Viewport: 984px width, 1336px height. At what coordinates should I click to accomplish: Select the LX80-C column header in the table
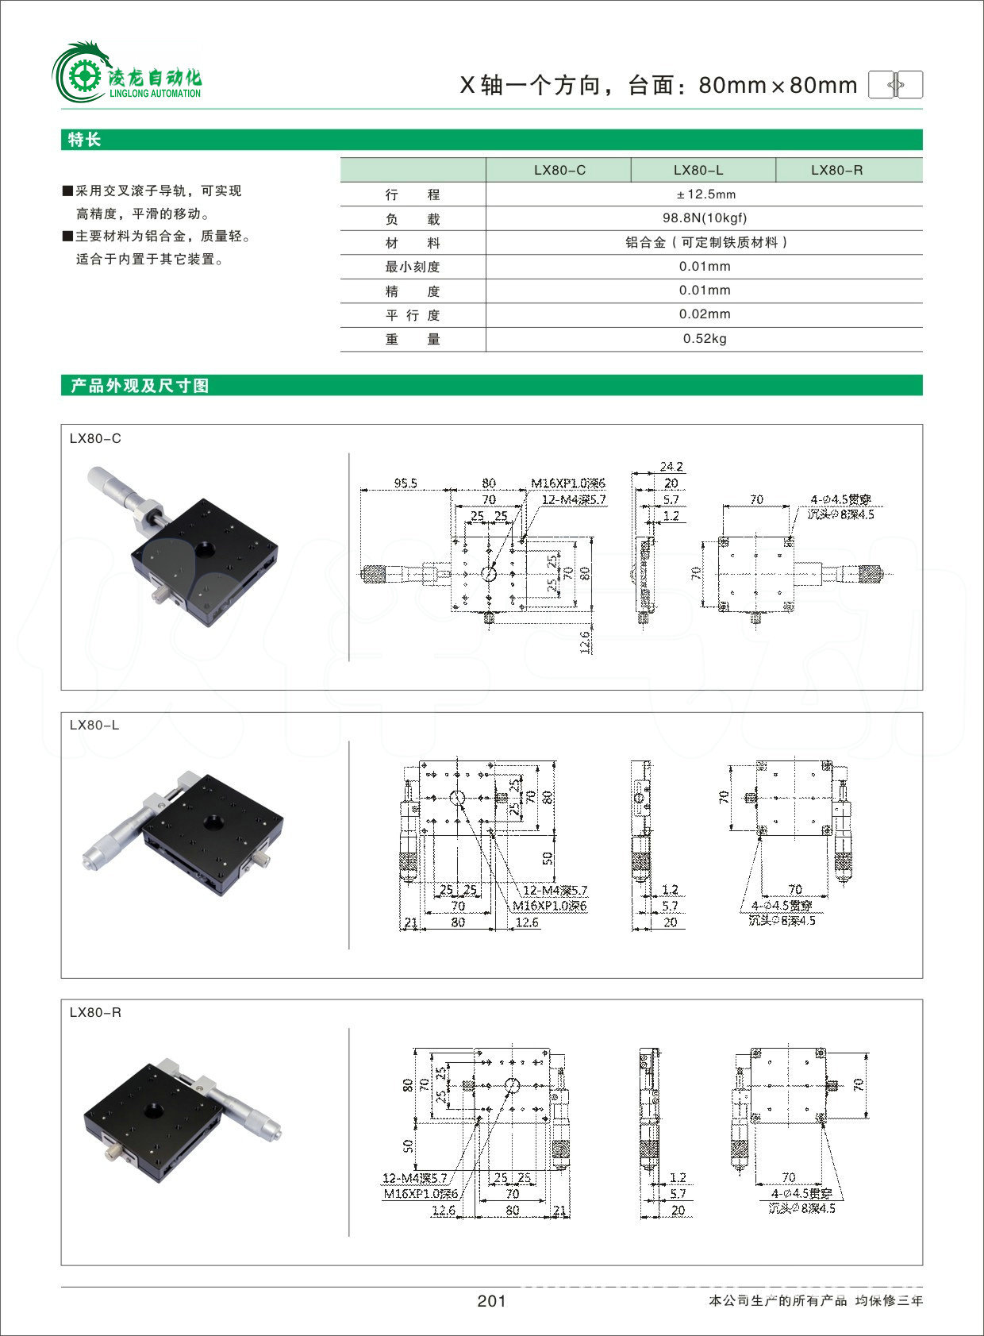click(559, 170)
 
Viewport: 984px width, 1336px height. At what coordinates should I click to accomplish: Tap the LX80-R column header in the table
click(836, 170)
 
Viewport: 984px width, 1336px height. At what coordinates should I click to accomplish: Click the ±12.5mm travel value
click(705, 194)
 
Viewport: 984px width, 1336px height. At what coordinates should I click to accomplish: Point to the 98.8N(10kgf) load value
click(705, 218)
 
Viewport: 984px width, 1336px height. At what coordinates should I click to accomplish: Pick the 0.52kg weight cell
click(705, 339)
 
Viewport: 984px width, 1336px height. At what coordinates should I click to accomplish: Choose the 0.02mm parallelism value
click(705, 314)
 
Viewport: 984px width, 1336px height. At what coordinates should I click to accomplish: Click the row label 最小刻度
click(412, 267)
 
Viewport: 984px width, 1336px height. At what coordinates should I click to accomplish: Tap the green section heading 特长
click(85, 140)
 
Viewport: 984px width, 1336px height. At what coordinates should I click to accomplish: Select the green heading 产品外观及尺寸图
click(140, 386)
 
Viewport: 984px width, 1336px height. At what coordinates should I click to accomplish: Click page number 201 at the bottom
click(491, 1301)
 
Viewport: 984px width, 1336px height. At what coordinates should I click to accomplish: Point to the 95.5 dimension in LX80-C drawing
click(405, 483)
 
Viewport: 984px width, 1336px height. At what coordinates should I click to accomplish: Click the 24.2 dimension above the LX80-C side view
click(671, 467)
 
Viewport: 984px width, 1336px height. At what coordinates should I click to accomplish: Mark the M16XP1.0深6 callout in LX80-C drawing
click(568, 483)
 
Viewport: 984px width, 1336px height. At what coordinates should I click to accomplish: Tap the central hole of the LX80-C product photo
click(207, 549)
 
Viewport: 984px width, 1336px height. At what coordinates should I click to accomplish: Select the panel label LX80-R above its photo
click(95, 1013)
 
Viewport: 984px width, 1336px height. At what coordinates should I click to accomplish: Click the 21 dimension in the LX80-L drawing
click(410, 922)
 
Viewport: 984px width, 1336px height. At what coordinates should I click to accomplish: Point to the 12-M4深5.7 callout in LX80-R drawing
click(414, 1178)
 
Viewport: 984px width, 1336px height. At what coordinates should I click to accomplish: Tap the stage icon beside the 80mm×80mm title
click(896, 84)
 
